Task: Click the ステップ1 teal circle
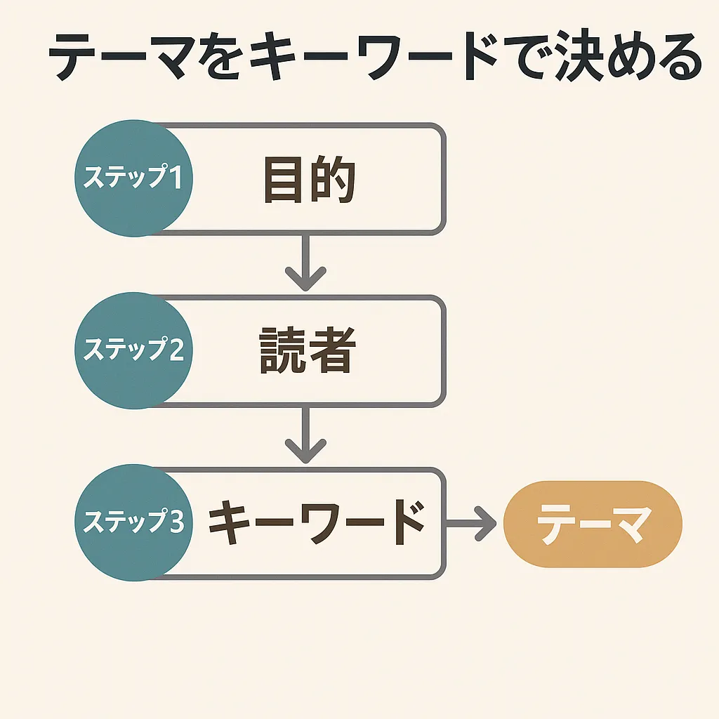pos(133,178)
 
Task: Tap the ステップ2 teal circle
pos(133,350)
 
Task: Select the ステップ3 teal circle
pos(133,522)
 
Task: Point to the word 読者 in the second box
pos(308,350)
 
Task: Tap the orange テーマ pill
pos(593,524)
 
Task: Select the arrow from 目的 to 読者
pos(306,263)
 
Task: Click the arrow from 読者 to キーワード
pos(306,435)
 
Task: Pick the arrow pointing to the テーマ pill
pos(471,524)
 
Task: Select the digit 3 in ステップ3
pos(176,522)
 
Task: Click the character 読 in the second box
pos(282,350)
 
